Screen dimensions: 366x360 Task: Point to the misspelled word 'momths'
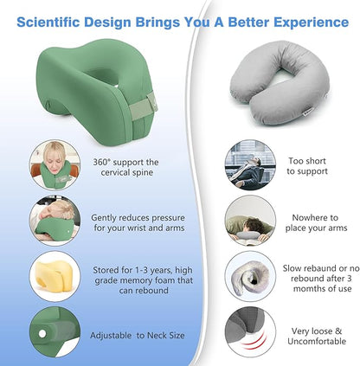(x=305, y=288)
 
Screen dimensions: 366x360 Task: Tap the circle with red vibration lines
(x=250, y=333)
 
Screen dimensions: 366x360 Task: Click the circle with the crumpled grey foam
(x=250, y=277)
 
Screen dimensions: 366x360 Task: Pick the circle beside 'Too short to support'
(x=250, y=165)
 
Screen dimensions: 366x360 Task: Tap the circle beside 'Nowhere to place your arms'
(x=250, y=221)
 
